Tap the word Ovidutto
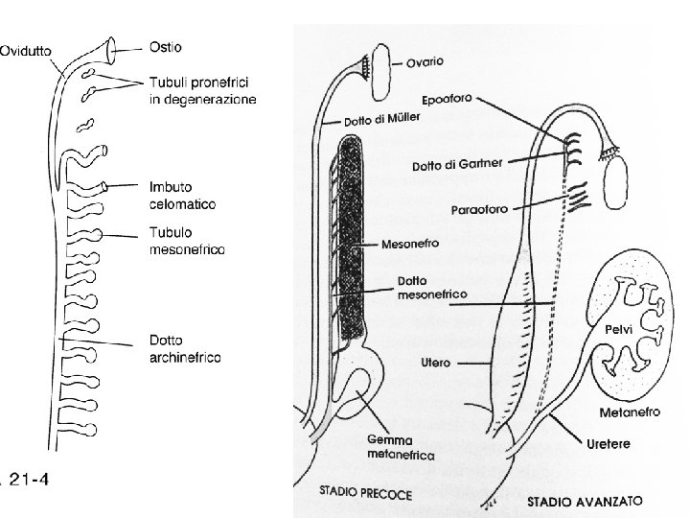click(x=26, y=52)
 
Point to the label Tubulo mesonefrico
click(x=186, y=242)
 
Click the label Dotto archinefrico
click(x=185, y=348)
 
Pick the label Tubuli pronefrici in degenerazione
click(x=202, y=92)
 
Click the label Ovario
click(x=425, y=63)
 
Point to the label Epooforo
click(x=447, y=98)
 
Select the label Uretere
click(x=609, y=442)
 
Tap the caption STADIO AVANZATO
click(x=585, y=501)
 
